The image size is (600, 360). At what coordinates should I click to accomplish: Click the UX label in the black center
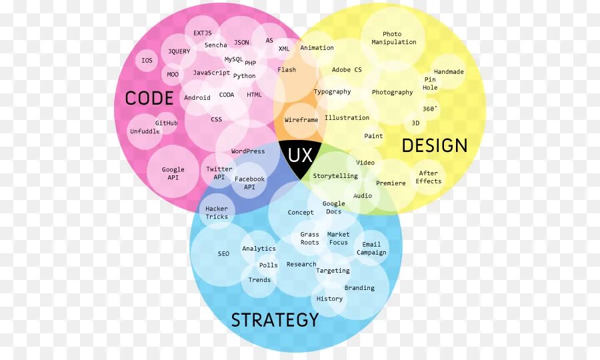[x=299, y=156]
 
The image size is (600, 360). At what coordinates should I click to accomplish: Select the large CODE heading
[x=149, y=99]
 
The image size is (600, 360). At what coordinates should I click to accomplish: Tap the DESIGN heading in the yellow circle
[x=435, y=145]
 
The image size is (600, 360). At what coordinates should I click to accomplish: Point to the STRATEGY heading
[x=275, y=320]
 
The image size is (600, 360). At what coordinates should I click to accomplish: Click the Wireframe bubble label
[x=301, y=120]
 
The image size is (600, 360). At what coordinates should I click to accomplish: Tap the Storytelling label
[x=335, y=176]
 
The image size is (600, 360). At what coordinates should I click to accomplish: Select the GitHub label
[x=167, y=123]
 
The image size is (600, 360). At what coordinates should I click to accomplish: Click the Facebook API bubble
[x=249, y=183]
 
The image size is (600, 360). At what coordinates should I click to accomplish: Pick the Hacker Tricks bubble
[x=217, y=213]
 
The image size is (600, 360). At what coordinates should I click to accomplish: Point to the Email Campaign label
[x=371, y=249]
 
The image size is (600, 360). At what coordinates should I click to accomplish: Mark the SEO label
[x=223, y=254]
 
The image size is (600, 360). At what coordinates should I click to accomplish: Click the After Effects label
[x=429, y=177]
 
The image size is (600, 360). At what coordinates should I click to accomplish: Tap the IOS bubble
[x=147, y=61]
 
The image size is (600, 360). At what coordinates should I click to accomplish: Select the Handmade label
[x=449, y=72]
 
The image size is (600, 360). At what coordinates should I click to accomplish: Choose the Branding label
[x=359, y=288]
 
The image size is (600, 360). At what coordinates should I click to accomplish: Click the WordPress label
[x=248, y=151]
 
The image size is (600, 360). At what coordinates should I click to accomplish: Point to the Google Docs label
[x=334, y=208]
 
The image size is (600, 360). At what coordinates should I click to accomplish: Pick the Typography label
[x=332, y=92]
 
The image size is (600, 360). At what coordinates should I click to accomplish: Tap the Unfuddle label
[x=145, y=131]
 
